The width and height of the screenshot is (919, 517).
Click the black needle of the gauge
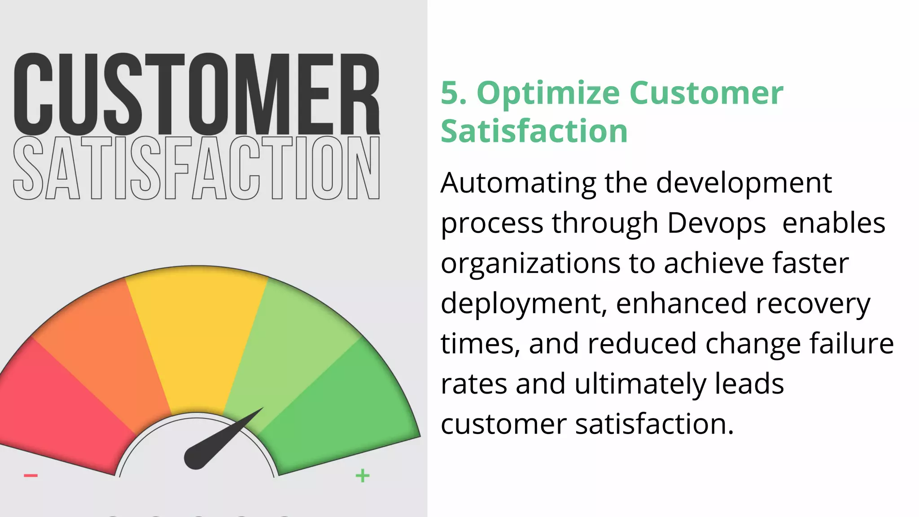pyautogui.click(x=215, y=444)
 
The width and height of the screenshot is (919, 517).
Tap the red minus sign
pyautogui.click(x=31, y=475)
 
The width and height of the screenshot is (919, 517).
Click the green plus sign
pyautogui.click(x=363, y=475)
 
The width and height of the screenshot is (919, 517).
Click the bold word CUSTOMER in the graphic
pyautogui.click(x=197, y=94)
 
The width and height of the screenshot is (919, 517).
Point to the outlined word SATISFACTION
pyautogui.click(x=197, y=168)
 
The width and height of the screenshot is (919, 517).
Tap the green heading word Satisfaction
pyautogui.click(x=534, y=131)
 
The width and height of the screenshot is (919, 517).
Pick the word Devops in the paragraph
pyautogui.click(x=717, y=223)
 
